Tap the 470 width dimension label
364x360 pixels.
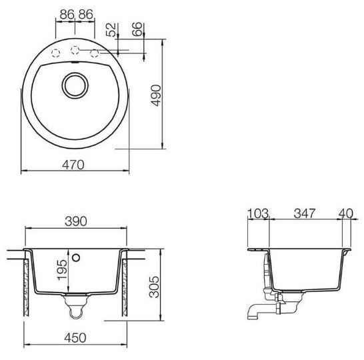tap(73, 165)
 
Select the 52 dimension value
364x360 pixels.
tap(111, 29)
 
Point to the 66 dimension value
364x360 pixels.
tap(137, 29)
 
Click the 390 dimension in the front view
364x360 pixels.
tap(76, 221)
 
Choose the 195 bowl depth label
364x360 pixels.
tap(62, 270)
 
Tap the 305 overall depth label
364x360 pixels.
tap(154, 287)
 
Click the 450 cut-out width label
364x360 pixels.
tap(75, 338)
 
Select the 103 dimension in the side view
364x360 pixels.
tap(258, 213)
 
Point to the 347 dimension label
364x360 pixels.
tap(305, 213)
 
